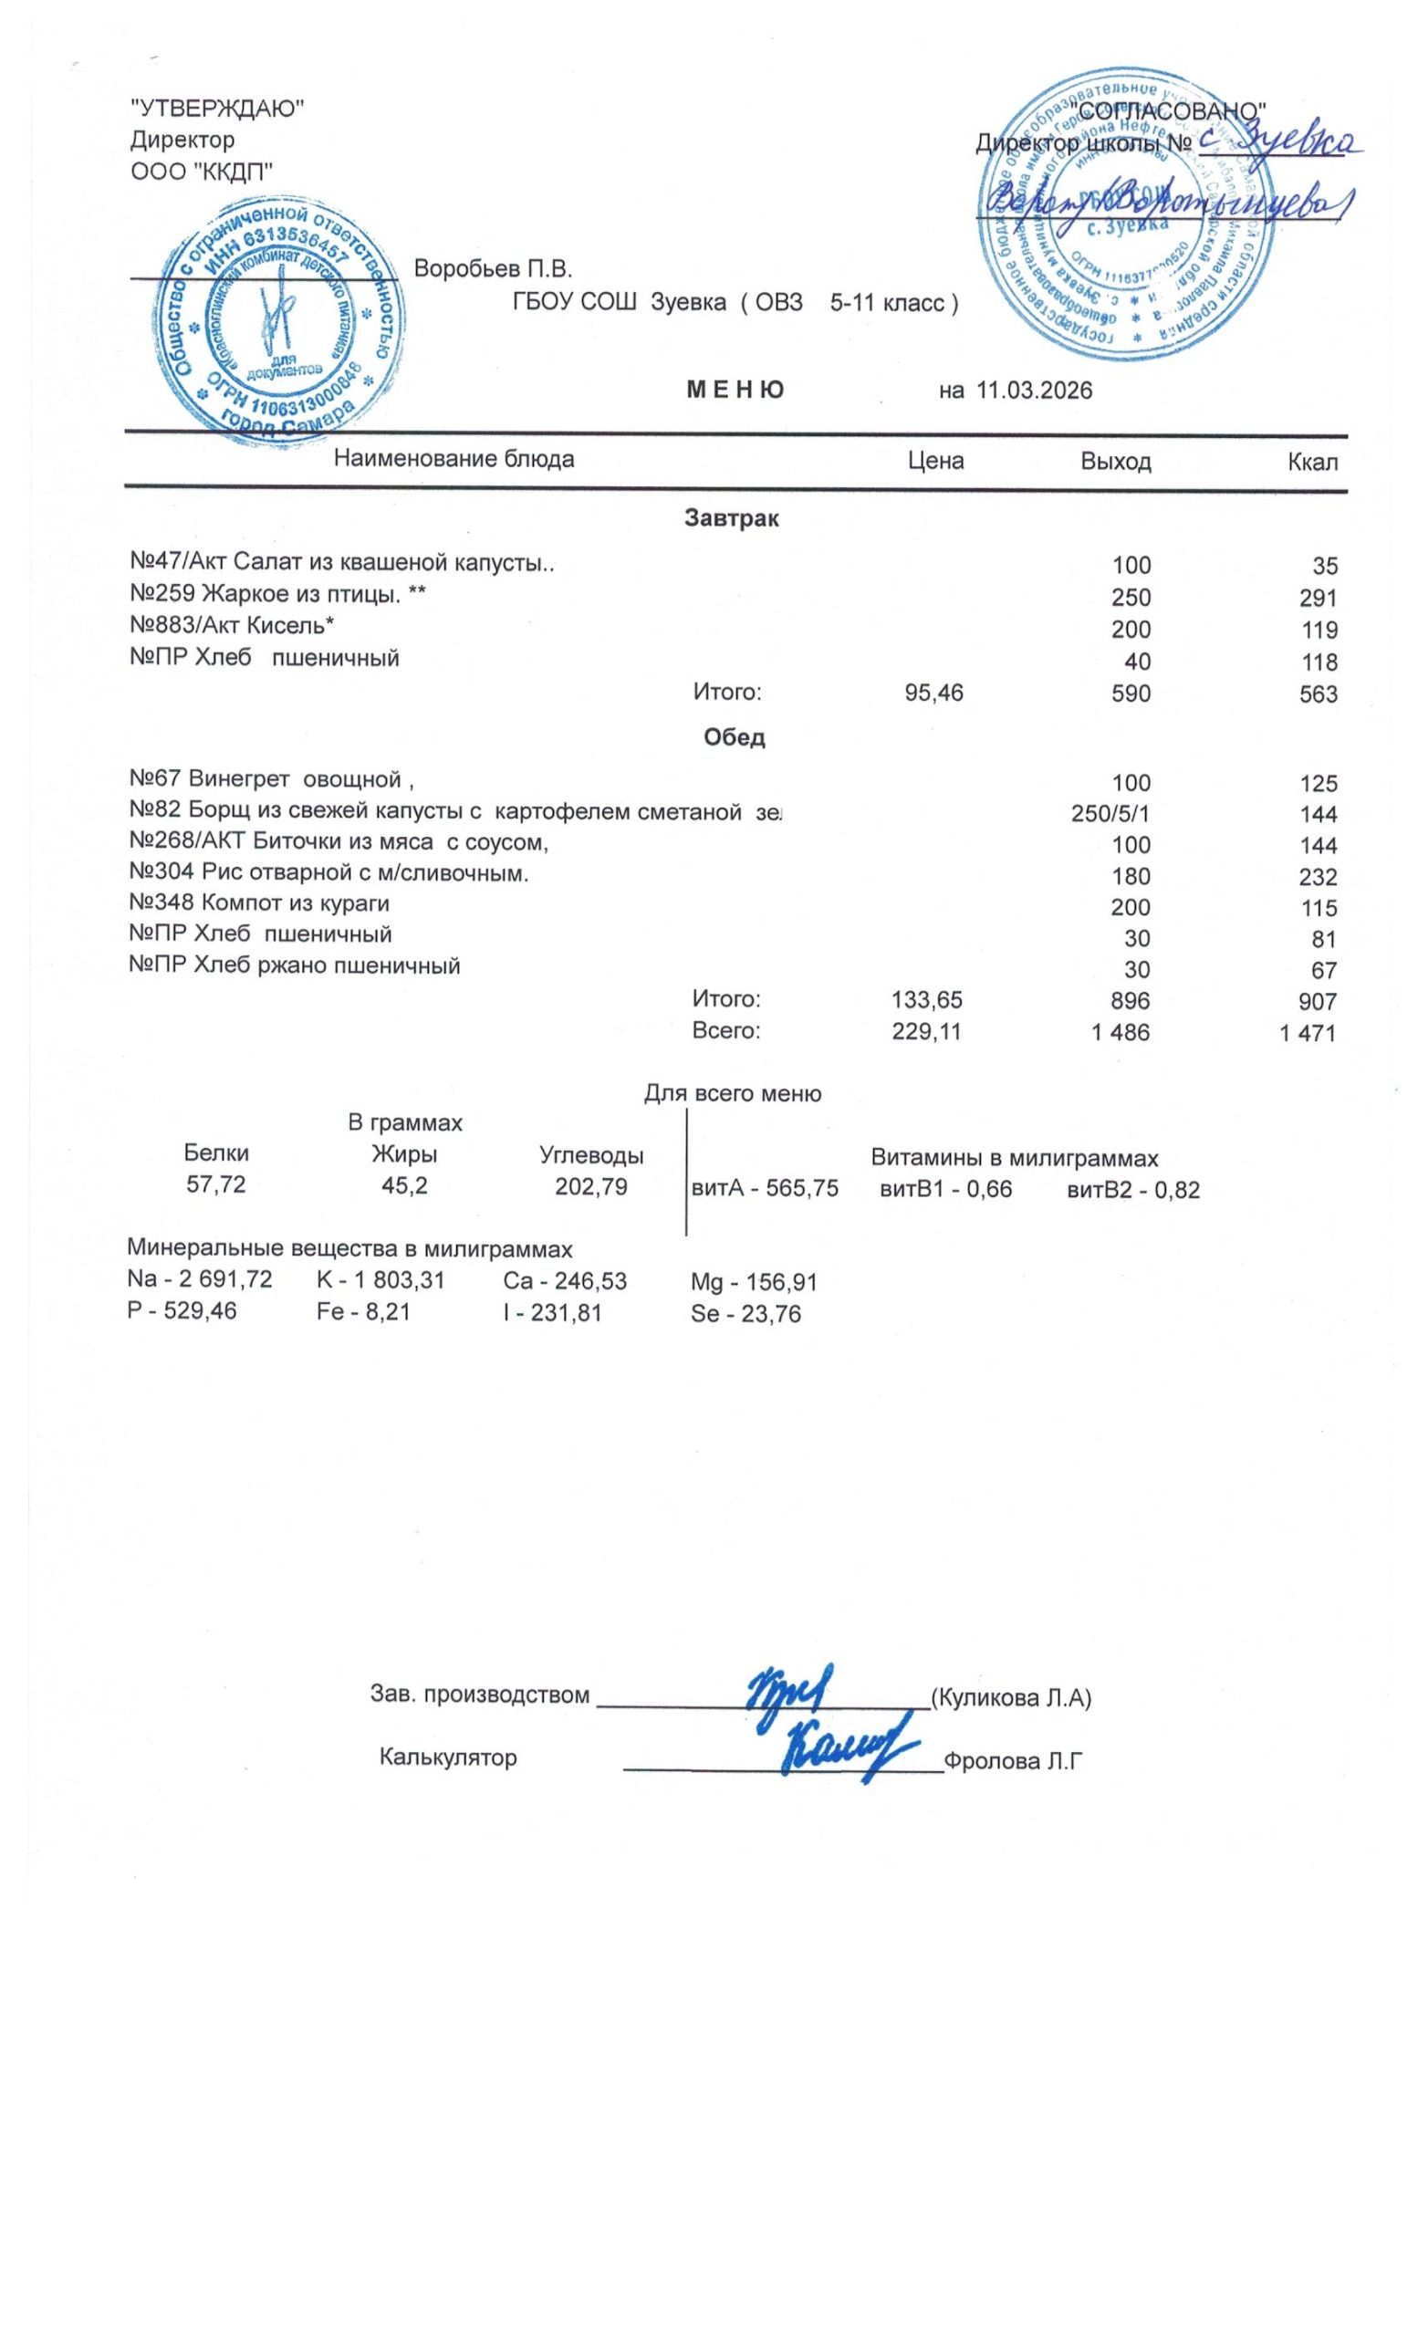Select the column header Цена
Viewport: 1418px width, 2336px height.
934,461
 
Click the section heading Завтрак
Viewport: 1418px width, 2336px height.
731,518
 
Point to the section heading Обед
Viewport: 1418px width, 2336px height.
734,736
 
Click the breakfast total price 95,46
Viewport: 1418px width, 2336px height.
933,693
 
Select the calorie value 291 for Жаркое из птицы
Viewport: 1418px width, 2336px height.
1319,599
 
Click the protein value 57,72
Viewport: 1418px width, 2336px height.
216,1185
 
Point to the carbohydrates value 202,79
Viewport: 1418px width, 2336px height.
590,1186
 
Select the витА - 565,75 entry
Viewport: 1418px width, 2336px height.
765,1188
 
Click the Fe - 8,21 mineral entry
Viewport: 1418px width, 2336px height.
363,1313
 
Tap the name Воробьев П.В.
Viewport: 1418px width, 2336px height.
493,268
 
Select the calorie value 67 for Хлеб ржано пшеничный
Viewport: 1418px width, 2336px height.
1324,970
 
